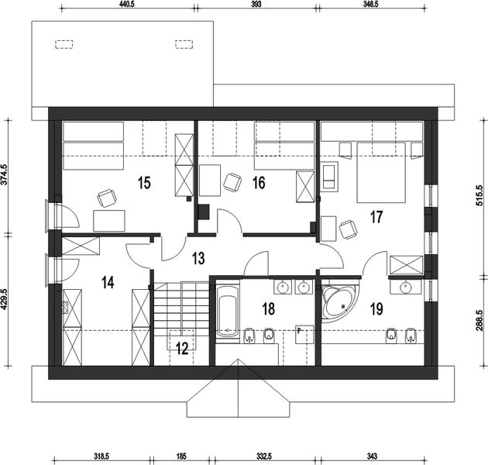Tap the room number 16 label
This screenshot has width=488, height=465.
point(259,183)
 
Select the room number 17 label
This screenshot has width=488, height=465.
point(376,217)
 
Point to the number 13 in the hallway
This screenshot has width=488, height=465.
point(198,258)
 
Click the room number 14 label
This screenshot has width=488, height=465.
point(107,282)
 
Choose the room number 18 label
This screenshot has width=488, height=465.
point(268,309)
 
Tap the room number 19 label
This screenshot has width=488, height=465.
point(376,309)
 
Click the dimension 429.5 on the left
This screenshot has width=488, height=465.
point(6,300)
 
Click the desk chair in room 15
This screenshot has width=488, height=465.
point(105,199)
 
